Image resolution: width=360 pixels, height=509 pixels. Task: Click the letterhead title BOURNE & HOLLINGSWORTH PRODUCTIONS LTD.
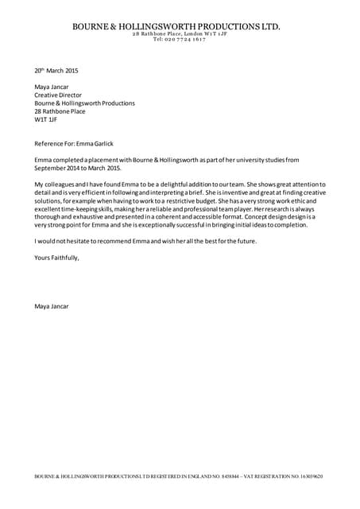click(176, 26)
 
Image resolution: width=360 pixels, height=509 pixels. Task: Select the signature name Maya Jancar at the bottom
click(52, 306)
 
